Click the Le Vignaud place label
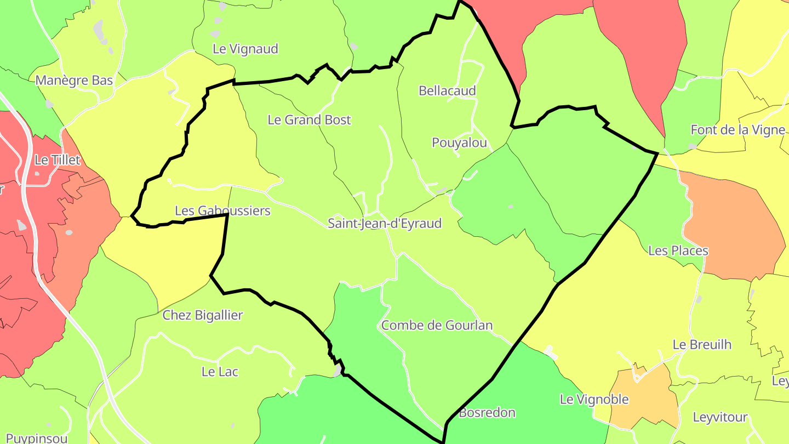click(x=245, y=49)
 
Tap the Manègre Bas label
click(x=74, y=81)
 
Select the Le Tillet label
click(x=57, y=160)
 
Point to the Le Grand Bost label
click(x=309, y=119)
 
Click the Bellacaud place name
click(x=447, y=90)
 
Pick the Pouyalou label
click(x=459, y=143)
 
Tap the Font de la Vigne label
click(x=737, y=130)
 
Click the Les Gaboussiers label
click(x=222, y=210)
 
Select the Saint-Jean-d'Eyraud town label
click(x=384, y=223)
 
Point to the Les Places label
click(x=678, y=251)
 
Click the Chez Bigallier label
click(x=202, y=315)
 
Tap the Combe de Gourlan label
click(x=437, y=325)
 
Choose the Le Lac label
click(x=220, y=372)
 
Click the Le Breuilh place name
click(x=701, y=345)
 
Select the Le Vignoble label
click(x=594, y=399)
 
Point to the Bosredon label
click(x=487, y=412)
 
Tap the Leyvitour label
click(x=720, y=417)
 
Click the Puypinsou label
click(x=37, y=438)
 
